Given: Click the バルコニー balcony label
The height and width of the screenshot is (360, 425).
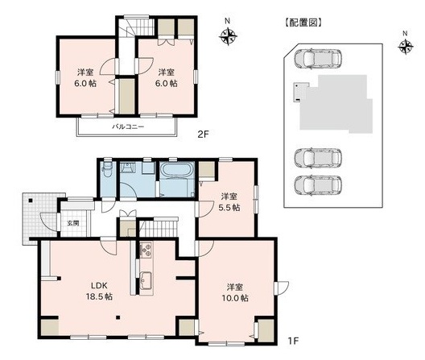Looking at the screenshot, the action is coord(128,126).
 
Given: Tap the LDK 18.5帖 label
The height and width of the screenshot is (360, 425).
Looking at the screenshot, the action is coord(99,291).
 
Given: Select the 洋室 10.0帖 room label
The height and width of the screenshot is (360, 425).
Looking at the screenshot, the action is coord(235,292).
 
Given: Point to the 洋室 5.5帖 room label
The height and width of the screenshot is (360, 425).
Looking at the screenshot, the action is coord(229,202).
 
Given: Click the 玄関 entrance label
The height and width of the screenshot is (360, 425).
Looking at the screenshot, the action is coord(73,223).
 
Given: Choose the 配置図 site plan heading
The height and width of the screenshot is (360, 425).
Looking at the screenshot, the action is coord(303,23).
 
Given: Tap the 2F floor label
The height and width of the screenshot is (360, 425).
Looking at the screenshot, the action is coord(204,134).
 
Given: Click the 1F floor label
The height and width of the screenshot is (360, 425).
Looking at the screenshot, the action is coord(293,341).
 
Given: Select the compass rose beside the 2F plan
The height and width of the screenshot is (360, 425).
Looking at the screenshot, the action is coord(228,36).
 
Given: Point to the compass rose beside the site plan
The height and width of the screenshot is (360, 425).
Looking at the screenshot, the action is coord(406,47).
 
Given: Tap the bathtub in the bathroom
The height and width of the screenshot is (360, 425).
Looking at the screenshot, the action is coord(177,171).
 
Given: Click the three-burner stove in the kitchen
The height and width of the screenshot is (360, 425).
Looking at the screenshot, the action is coord(146,250).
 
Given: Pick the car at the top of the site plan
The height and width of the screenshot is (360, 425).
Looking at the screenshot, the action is coord(318,58).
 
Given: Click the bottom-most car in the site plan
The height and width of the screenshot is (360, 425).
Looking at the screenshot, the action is coord(318,185).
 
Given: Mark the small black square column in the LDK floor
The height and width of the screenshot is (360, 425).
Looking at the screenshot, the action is coord(118,317).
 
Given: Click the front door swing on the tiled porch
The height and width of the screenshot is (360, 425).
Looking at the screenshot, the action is coord(49,222).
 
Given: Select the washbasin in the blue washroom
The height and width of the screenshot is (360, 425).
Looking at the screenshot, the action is coord(127,168).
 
